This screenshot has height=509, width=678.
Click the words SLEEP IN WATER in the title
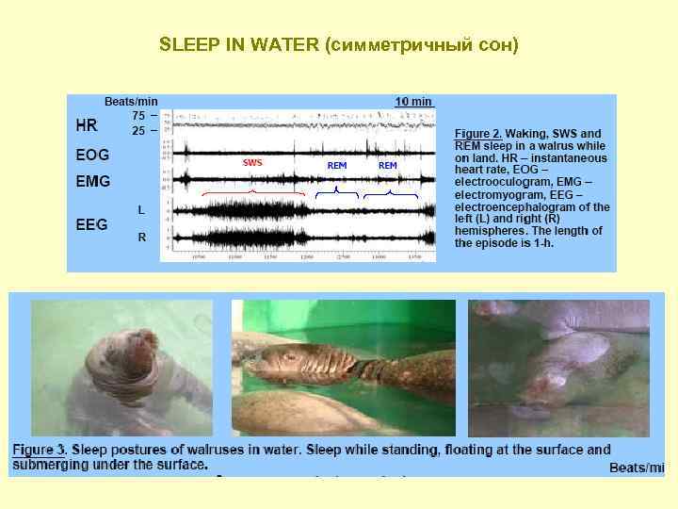coord(239,44)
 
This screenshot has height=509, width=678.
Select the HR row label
coord(86,123)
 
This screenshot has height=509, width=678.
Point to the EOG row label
coord(92,155)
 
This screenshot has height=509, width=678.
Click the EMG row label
coord(92,180)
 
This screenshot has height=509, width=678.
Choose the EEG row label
coord(91,224)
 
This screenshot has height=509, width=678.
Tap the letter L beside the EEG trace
coord(141,208)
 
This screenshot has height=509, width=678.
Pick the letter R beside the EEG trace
coord(141,238)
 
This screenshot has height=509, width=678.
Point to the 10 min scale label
coord(413,101)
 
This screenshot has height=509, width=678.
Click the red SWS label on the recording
coord(252,163)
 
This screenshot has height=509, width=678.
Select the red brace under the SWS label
coord(253,193)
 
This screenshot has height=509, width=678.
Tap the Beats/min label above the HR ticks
coord(131,101)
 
